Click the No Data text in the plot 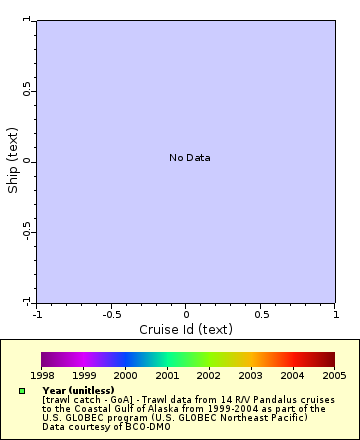[x=189, y=158]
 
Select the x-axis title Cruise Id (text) [x=186, y=329]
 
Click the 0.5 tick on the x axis [x=261, y=313]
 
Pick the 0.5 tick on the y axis [x=28, y=91]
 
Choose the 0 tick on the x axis [x=186, y=313]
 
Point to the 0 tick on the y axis [x=28, y=161]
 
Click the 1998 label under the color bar [x=42, y=375]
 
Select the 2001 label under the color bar [x=167, y=375]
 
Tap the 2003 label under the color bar [x=250, y=375]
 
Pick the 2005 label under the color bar [x=334, y=375]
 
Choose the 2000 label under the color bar [x=125, y=375]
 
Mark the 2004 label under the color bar [x=292, y=375]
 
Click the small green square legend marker [x=22, y=391]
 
